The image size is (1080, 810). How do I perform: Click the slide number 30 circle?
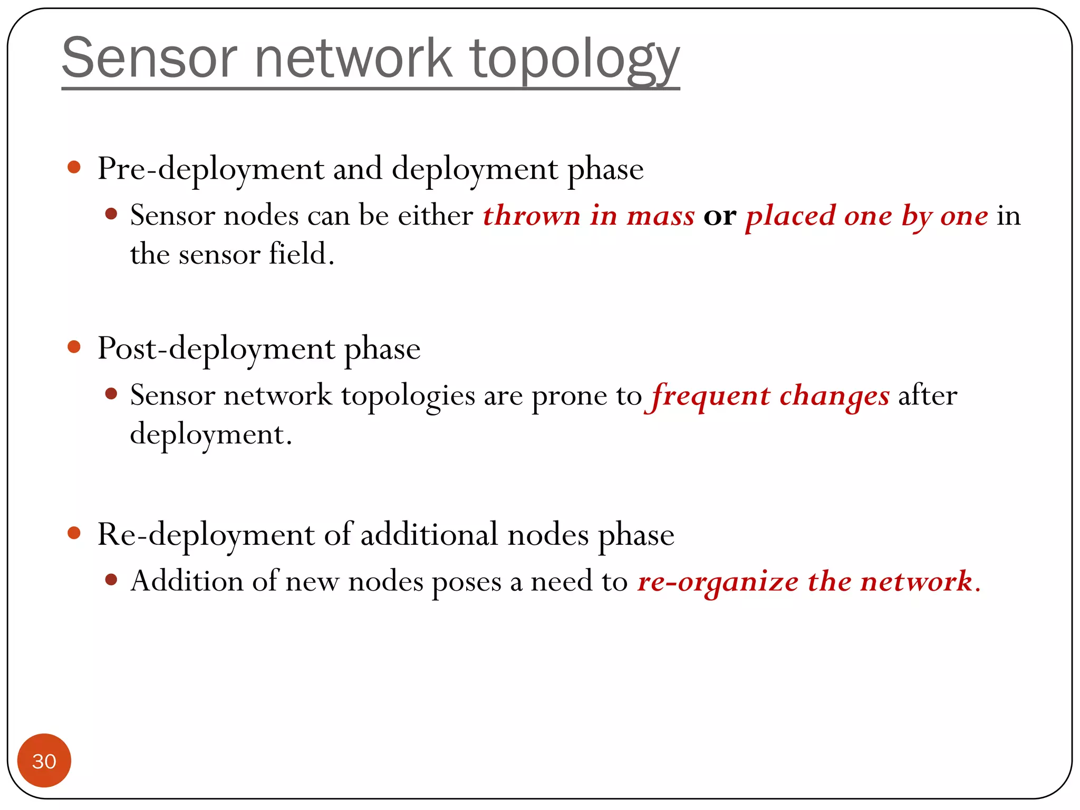44,760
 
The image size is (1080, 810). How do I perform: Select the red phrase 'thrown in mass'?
589,216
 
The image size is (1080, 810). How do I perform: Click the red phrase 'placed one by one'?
866,216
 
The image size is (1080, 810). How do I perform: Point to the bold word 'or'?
720,216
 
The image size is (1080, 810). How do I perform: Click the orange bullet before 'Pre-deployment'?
74,168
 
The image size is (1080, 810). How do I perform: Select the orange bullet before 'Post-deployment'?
74,347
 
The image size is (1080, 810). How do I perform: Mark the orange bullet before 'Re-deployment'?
74,533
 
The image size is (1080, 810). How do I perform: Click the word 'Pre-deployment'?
211,169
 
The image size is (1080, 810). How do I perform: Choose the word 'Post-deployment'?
216,349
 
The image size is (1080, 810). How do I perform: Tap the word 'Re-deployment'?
206,535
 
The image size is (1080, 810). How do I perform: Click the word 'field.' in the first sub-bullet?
302,254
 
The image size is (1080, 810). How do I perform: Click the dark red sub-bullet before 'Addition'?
111,580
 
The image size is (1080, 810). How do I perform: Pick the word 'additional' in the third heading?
429,535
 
